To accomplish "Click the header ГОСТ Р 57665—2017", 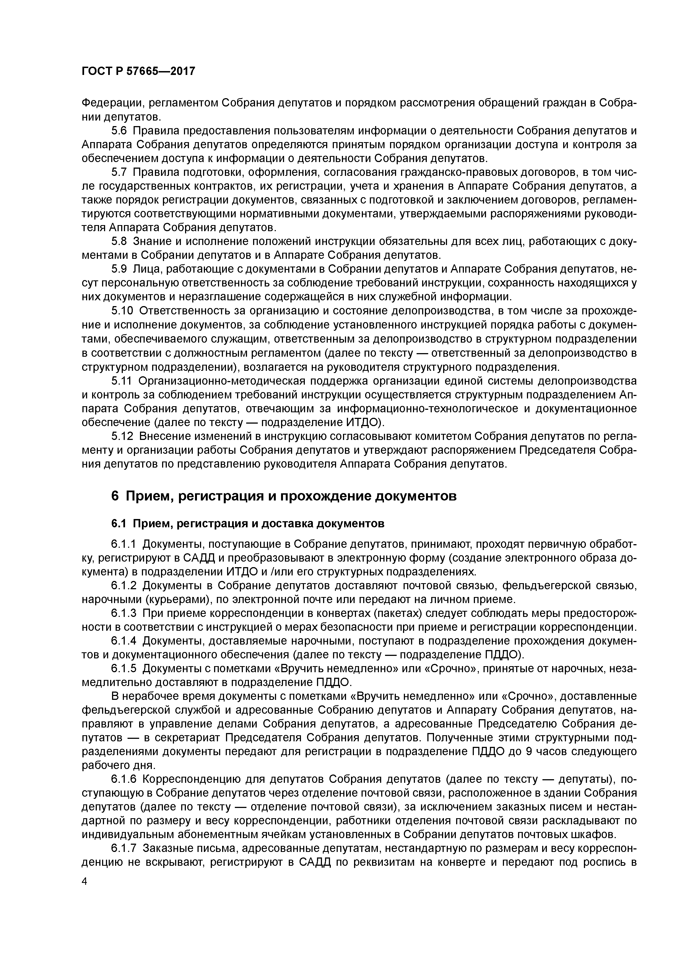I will tap(138, 71).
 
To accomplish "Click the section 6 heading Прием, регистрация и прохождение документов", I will tap(284, 496).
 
